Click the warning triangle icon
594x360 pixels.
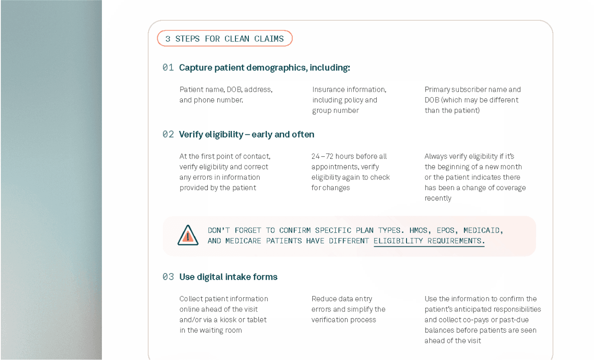[188, 235]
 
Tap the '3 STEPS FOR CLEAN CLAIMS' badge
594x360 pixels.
[225, 38]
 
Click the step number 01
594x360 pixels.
[168, 68]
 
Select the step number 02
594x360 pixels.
[168, 134]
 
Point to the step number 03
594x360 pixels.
[168, 277]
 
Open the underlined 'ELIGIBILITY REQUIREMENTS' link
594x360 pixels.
[429, 241]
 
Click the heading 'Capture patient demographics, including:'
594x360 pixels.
[265, 68]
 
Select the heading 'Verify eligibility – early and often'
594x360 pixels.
[247, 134]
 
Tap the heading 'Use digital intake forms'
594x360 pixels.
[229, 277]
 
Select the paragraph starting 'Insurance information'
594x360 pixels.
[349, 100]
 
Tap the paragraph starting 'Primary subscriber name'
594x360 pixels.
[473, 100]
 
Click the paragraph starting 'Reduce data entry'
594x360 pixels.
[349, 309]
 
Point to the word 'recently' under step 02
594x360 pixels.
[438, 198]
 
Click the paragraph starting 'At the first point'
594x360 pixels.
[225, 172]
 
